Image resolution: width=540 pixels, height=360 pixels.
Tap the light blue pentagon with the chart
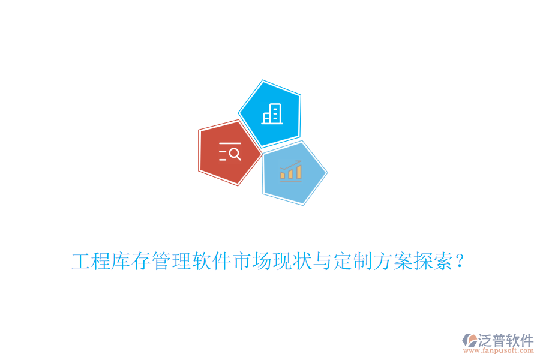(293, 173)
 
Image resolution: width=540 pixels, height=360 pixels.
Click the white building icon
(272, 113)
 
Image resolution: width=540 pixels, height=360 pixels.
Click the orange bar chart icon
(291, 172)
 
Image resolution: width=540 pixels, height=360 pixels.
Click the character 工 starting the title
(81, 262)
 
